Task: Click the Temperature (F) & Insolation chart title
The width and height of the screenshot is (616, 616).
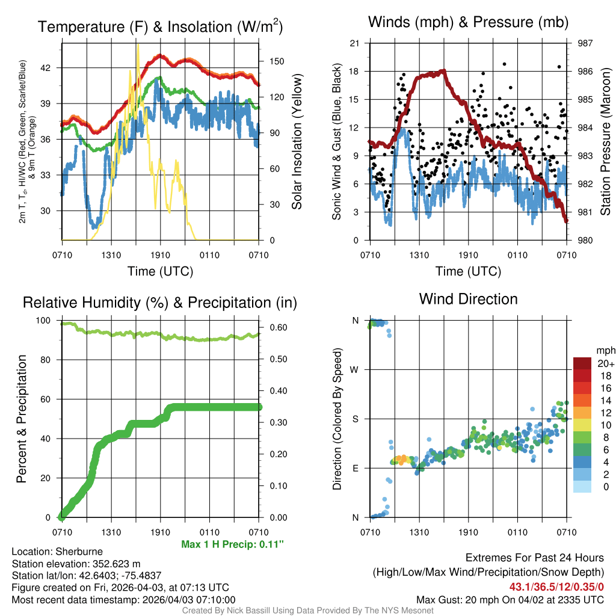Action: coord(160,27)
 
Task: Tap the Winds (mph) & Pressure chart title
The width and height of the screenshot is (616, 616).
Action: coord(468,23)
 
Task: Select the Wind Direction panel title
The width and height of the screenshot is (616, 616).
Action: coord(468,299)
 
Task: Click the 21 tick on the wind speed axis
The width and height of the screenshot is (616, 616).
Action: coord(355,43)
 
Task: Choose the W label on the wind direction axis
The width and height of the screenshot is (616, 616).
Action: coord(355,369)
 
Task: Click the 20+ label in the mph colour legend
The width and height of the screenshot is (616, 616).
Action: coord(605,364)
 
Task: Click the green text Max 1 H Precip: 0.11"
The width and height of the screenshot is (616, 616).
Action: coord(232,544)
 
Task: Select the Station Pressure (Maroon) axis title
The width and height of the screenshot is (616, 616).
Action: coord(606,141)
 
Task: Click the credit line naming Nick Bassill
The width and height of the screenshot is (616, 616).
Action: coord(307,611)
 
